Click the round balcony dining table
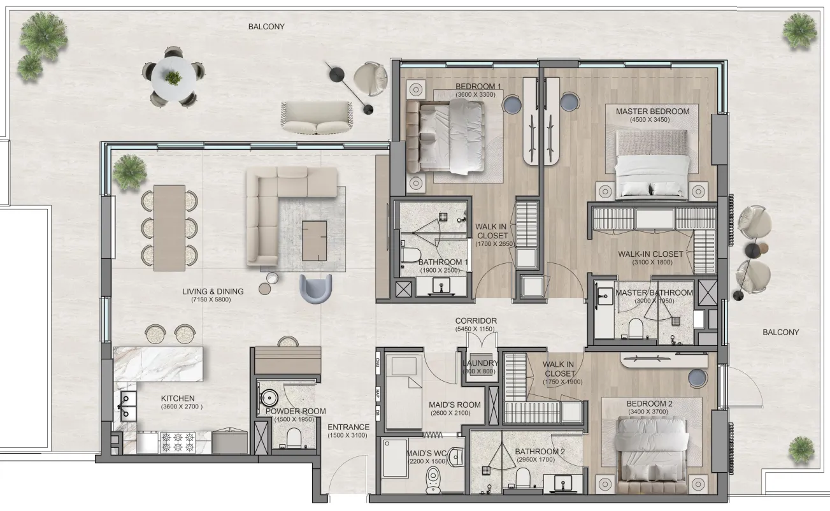coord(173,77)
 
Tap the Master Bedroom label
coord(652,112)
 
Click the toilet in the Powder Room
coord(294,438)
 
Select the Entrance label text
coord(348,428)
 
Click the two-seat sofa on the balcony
coord(317,118)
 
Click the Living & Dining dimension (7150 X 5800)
coord(206,299)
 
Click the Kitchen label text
coord(177,398)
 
